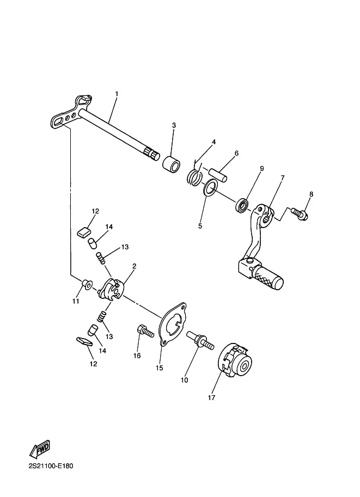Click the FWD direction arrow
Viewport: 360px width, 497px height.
(x=40, y=449)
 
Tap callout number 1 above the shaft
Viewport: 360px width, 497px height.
(x=117, y=94)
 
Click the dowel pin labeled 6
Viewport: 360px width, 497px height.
(x=218, y=174)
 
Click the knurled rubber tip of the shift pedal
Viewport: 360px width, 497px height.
(x=268, y=277)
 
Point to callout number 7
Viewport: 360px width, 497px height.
(x=282, y=177)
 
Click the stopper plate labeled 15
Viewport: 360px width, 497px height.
(x=172, y=323)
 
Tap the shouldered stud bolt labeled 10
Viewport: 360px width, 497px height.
(x=200, y=340)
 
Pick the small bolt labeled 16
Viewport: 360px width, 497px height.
(x=145, y=332)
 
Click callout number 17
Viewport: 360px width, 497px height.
(x=211, y=397)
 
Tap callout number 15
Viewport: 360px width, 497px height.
(x=159, y=367)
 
